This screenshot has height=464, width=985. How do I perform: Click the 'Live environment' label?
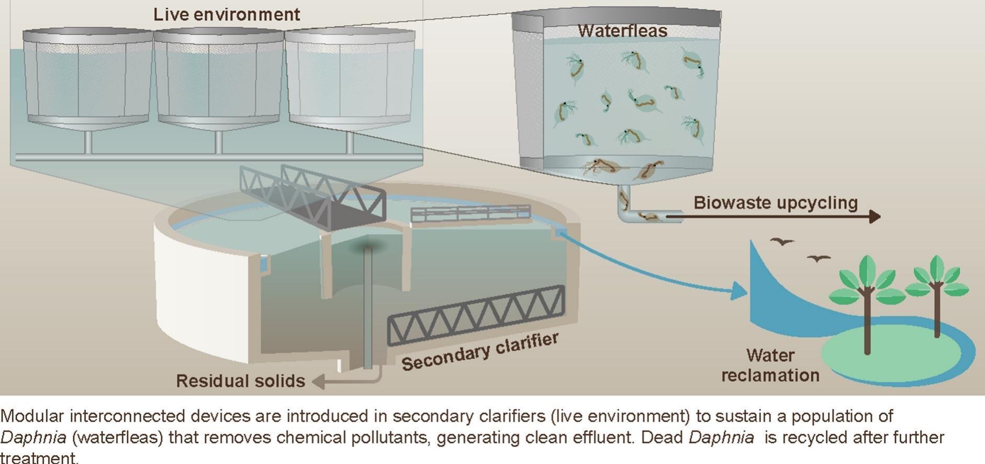point(227,14)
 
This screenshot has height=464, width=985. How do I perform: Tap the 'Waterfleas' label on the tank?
point(622,30)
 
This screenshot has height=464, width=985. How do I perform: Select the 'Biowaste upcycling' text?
point(776,203)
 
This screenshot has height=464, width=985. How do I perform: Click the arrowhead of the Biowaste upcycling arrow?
point(874,216)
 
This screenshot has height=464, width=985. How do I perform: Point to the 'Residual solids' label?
point(240,381)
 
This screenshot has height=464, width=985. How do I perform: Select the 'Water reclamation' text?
point(770,365)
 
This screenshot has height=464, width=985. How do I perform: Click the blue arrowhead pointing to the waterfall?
point(739,291)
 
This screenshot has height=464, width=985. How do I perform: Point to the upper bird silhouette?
point(782,241)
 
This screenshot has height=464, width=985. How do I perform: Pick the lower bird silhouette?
point(818,258)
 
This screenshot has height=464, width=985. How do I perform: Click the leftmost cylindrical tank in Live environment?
point(87,79)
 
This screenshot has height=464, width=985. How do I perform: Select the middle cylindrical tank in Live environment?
point(218,79)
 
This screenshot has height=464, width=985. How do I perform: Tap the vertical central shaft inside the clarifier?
point(368,309)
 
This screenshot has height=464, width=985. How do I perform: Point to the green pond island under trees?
point(890,356)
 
